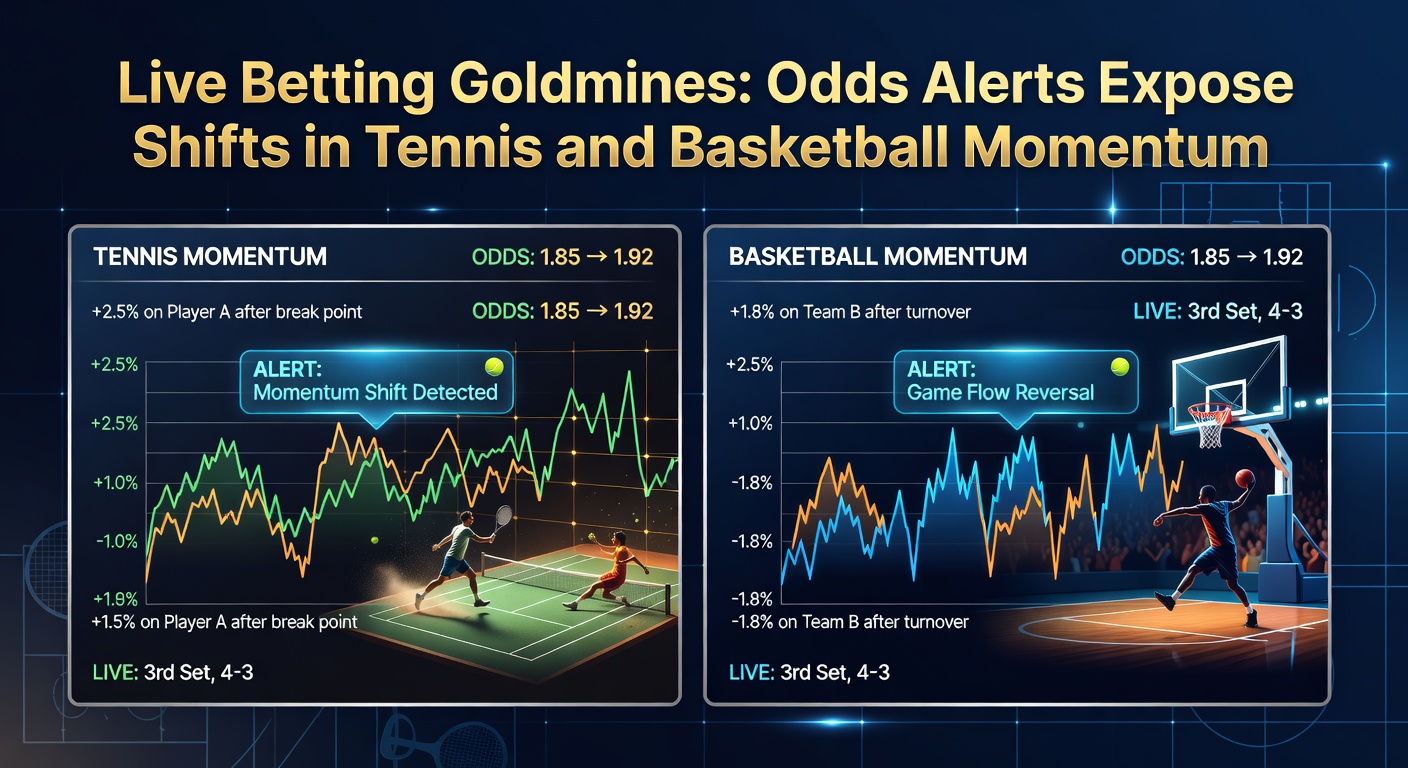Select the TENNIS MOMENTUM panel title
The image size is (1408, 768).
point(210,256)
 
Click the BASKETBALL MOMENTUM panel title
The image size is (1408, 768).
point(877,256)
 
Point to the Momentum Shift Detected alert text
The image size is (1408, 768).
point(375,391)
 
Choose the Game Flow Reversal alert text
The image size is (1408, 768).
point(1000,392)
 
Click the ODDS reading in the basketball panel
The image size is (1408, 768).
point(1211,256)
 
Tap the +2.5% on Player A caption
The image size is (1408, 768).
point(227,312)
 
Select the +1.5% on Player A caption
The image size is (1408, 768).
point(224,622)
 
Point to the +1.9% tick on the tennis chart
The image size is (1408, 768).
point(114,599)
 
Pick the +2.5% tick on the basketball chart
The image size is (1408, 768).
point(748,365)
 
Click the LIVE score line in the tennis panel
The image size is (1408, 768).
point(173,672)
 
